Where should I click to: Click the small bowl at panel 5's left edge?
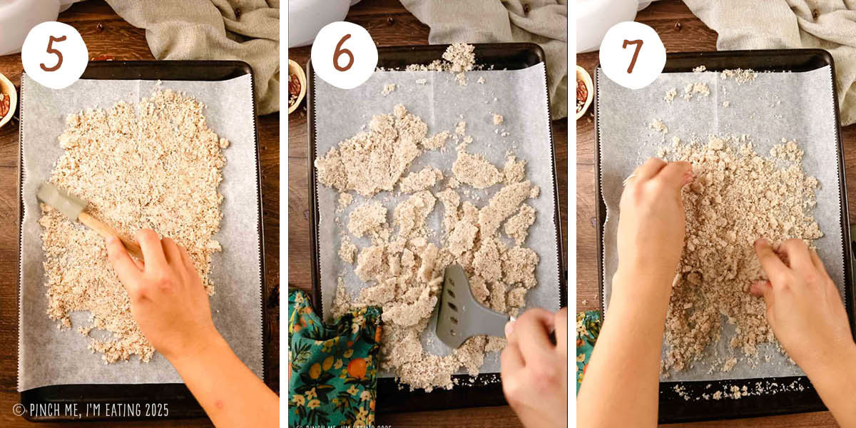pyautogui.click(x=6, y=100)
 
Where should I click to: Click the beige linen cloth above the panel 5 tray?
pyautogui.click(x=207, y=36)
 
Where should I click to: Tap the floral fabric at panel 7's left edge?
pyautogui.click(x=586, y=342)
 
